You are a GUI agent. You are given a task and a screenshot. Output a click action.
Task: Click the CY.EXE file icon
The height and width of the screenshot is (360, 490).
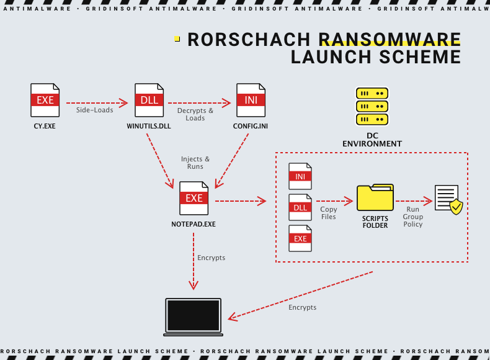45,100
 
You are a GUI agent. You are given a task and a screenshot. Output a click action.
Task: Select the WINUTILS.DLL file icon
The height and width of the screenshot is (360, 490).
149,100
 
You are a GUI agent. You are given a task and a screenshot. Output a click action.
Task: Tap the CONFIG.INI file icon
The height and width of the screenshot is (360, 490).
251,100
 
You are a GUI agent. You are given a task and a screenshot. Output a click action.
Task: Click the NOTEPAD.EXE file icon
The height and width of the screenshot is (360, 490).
194,198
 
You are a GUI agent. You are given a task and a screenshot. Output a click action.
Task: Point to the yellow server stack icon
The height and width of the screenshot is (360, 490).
372,106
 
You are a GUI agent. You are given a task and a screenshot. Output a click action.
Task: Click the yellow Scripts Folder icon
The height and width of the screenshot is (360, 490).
375,197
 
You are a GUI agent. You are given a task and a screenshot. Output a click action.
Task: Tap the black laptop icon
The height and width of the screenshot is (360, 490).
193,317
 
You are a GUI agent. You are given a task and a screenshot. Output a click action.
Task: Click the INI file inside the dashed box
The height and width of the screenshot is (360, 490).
300,176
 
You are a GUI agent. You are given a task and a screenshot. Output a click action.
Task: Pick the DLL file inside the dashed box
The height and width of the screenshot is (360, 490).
300,207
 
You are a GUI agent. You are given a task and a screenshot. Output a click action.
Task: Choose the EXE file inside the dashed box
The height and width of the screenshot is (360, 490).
300,238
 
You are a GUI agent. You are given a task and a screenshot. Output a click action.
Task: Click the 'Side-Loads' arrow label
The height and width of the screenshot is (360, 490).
95,110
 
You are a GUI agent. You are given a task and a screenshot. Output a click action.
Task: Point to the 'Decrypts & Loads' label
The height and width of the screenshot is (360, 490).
195,114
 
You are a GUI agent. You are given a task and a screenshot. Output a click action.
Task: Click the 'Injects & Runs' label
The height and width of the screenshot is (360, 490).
195,163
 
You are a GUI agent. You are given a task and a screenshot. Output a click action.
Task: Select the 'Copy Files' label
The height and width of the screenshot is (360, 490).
329,213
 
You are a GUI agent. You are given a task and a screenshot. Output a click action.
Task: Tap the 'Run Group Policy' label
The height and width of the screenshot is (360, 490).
413,217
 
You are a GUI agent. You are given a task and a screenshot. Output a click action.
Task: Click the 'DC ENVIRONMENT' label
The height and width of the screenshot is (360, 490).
372,140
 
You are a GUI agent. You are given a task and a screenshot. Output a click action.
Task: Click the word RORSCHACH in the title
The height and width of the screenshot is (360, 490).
250,40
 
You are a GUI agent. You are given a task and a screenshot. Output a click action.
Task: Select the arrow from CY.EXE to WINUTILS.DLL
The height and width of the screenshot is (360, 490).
96,102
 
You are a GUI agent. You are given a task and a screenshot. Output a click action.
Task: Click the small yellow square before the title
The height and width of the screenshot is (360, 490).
177,39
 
